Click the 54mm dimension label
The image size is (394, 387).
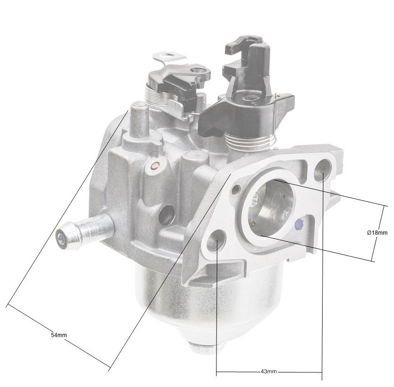59,335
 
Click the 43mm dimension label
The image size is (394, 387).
269,372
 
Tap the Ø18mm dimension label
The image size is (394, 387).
377,232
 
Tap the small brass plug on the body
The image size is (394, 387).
155,166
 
